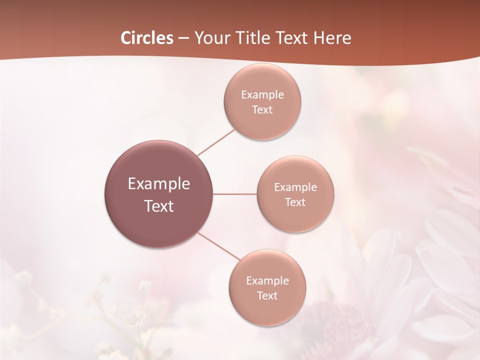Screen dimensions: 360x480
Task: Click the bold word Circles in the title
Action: (147, 38)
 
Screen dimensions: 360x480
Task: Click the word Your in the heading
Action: (210, 38)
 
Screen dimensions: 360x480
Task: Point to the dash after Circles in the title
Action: (183, 38)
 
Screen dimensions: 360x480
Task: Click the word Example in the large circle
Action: (159, 184)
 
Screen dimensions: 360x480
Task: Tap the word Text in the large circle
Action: (159, 206)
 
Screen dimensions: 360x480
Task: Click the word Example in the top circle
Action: (262, 95)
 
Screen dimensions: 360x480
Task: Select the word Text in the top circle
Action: (262, 110)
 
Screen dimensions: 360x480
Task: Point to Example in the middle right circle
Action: (295, 187)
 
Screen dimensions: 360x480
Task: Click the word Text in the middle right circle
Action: (295, 202)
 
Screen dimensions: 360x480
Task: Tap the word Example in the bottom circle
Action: (267, 281)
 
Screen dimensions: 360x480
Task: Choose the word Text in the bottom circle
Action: (267, 296)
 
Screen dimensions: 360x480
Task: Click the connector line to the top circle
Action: (216, 141)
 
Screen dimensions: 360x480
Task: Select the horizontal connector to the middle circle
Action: (235, 194)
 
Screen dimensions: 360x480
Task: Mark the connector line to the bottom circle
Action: (219, 246)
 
